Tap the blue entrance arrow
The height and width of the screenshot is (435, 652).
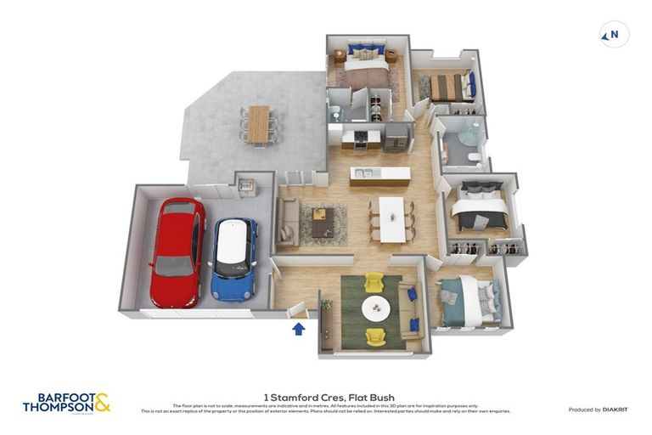tap(299, 328)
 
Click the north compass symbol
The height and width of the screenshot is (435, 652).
tap(614, 35)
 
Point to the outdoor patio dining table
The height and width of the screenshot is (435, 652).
tap(257, 124)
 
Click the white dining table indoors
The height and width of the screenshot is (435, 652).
tap(391, 218)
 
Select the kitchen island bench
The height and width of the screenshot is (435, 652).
tap(379, 176)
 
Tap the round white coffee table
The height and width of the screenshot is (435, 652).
tap(375, 308)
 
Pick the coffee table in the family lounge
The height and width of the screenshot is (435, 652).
tap(322, 223)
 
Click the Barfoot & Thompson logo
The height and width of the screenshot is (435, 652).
tap(66, 402)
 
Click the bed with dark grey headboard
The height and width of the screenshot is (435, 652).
tap(479, 206)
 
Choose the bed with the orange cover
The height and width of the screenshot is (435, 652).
tap(447, 88)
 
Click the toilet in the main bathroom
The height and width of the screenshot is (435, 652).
tap(474, 159)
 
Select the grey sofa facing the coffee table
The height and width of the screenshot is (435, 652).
tap(287, 222)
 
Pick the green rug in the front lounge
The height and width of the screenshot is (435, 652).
tap(371, 310)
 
